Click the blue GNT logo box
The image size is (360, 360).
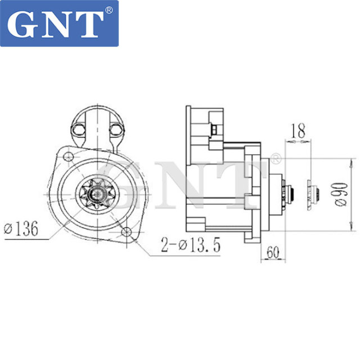[x=60, y=23]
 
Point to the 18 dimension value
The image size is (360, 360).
[x=298, y=132]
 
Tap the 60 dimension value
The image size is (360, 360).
[x=273, y=251]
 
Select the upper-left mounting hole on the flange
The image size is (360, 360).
[x=67, y=155]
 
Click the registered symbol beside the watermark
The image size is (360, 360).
[x=276, y=159]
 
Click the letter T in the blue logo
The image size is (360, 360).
[x=88, y=24]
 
